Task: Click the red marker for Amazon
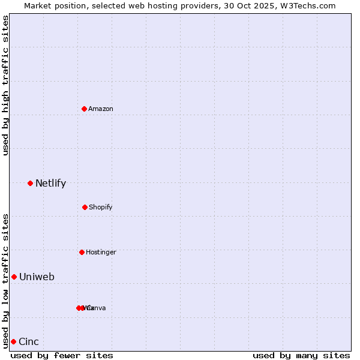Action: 84,109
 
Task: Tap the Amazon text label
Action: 101,109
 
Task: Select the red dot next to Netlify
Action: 30,183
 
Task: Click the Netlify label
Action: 50,184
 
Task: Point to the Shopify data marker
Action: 85,207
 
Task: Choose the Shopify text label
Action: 101,207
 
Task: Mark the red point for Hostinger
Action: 82,252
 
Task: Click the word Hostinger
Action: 101,252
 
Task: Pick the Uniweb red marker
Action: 14,277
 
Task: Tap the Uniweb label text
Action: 37,277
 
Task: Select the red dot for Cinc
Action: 13,341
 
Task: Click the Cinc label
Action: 29,342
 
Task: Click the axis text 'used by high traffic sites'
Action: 5,86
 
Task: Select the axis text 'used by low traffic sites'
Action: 5,280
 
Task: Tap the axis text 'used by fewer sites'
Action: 62,355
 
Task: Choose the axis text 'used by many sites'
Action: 301,355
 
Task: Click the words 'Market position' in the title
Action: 52,5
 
